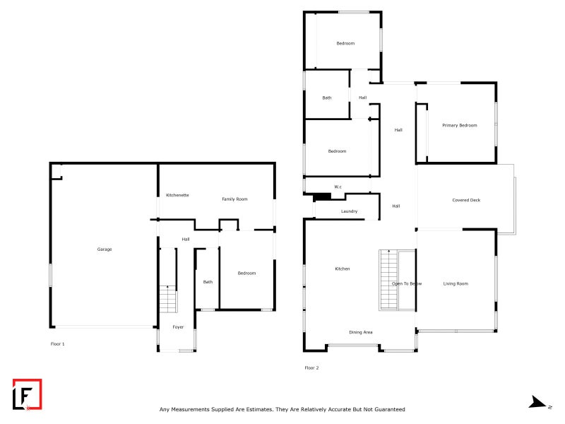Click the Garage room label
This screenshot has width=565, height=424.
tap(105, 249)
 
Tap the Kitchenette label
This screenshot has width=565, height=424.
tap(177, 195)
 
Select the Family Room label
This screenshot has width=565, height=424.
tap(234, 199)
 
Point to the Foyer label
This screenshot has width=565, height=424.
tap(178, 327)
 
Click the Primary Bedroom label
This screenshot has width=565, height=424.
tap(460, 126)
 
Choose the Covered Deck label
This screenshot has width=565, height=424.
tap(466, 200)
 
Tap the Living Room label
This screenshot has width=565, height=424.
tap(456, 284)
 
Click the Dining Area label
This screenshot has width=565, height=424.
tap(361, 332)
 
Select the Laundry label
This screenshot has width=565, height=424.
tap(349, 211)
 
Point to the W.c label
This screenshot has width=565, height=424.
tap(338, 187)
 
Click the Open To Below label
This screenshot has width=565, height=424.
tap(407, 284)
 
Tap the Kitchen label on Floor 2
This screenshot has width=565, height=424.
tap(343, 269)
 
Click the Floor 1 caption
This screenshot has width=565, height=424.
tap(58, 344)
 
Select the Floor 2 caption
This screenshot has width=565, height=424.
tap(311, 367)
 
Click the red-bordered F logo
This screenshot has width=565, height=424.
tap(28, 394)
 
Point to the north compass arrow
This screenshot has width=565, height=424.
tap(537, 402)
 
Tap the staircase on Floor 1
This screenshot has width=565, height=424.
tap(168, 299)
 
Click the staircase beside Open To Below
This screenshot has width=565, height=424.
tap(388, 280)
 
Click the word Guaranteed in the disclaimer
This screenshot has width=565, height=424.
tap(390, 409)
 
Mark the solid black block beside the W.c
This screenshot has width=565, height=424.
tap(322, 197)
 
